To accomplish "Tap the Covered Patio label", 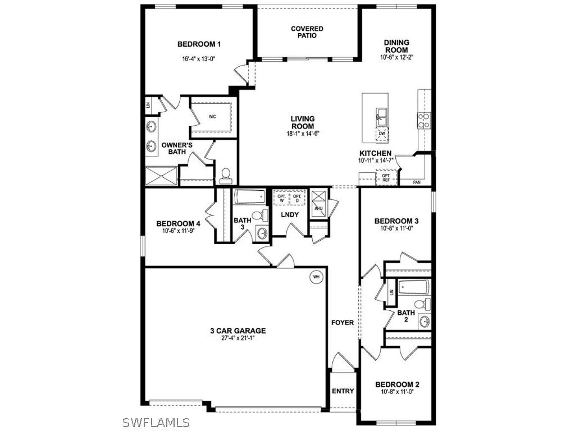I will (307, 32).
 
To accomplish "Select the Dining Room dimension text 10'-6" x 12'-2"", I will (396, 57).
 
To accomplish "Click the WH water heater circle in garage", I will (316, 277).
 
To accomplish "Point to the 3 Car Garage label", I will (234, 331).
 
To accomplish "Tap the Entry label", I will (343, 391).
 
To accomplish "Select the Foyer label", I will (343, 323).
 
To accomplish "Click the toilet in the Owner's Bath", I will (226, 176).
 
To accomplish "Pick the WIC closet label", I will (212, 117).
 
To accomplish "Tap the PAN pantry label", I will (417, 182).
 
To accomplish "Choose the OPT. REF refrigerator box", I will (386, 178).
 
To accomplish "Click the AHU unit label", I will (319, 209).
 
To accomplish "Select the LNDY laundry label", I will (290, 215).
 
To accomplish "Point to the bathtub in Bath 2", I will (414, 288).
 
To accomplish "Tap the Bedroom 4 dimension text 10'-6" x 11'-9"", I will (177, 231).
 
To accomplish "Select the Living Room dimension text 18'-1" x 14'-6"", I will (302, 134).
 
